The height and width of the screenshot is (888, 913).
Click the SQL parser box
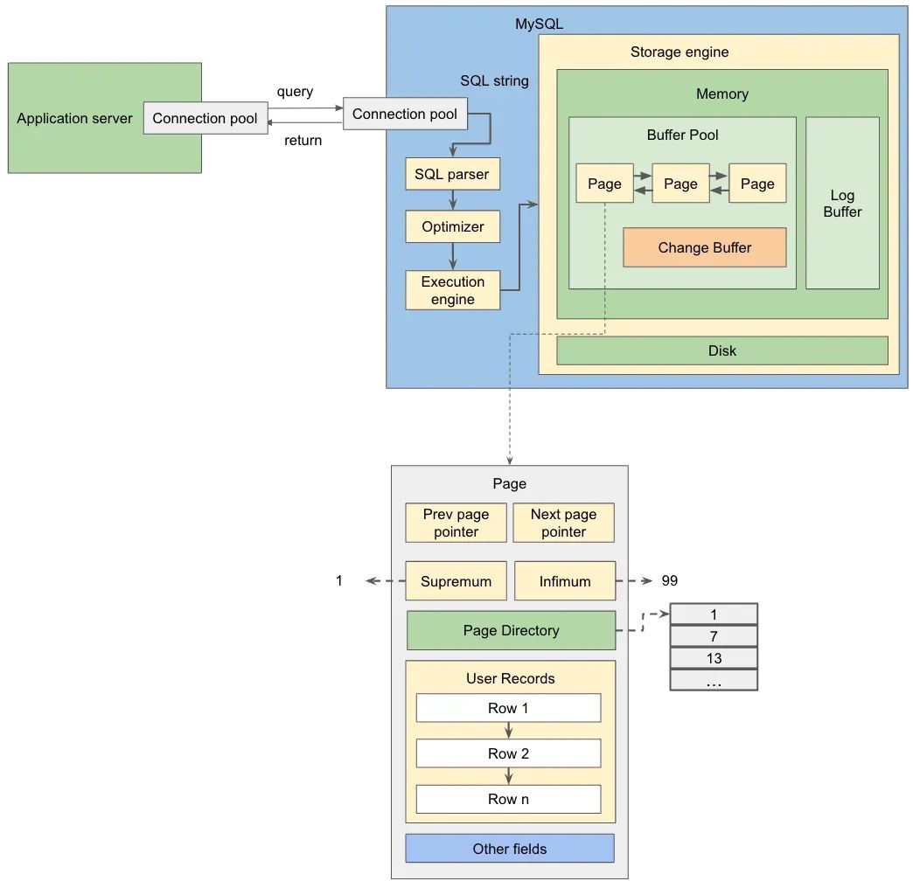pos(452,174)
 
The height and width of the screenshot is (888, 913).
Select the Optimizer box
pos(452,226)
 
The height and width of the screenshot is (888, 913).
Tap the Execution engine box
pos(452,290)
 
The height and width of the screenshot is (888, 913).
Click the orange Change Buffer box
pos(704,247)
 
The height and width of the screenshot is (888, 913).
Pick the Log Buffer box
pos(842,204)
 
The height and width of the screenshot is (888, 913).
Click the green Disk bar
pos(721,350)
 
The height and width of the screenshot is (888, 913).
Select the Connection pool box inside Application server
pos(205,118)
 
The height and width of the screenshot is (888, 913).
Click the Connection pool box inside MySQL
pos(405,114)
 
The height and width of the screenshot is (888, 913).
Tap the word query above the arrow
pos(295,92)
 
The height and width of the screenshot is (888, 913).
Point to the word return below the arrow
pos(303,140)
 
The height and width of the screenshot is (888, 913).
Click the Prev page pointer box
pos(456,523)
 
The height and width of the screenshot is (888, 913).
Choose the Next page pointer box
pos(563,523)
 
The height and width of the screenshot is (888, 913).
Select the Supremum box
pos(456,581)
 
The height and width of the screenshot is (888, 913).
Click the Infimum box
pos(565,581)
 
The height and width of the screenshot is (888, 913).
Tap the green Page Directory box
pos(511,630)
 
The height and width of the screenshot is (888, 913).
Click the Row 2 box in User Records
pos(508,753)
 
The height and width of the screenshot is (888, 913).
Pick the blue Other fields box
pos(509,848)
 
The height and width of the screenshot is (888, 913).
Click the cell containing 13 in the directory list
pos(714,658)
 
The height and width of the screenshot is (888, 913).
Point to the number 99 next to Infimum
pos(669,580)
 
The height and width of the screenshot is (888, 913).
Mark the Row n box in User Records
pos(508,799)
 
